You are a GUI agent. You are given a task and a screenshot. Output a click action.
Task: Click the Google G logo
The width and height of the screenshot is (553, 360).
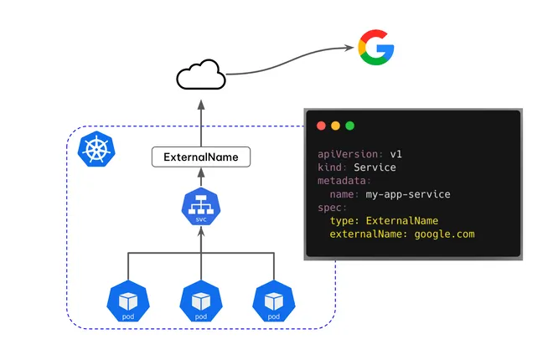tap(376, 48)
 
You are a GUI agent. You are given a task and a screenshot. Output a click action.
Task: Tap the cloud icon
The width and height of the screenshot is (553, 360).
tap(201, 76)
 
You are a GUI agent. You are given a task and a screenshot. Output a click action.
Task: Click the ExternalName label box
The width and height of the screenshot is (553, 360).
tap(201, 157)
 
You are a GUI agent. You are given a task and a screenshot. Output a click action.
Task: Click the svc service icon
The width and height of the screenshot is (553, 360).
tap(201, 208)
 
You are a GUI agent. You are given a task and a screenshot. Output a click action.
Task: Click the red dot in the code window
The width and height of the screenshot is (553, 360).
tap(321, 126)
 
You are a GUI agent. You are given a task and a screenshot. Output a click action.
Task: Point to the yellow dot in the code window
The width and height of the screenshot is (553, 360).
tap(335, 126)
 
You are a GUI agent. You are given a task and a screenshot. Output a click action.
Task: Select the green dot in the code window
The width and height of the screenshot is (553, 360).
tap(349, 126)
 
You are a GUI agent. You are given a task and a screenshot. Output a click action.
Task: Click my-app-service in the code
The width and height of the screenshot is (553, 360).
tap(408, 194)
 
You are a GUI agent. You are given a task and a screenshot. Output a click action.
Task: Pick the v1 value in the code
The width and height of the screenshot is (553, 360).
tap(397, 154)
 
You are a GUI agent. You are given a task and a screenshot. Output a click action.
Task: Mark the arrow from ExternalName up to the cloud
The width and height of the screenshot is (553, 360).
tap(201, 121)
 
